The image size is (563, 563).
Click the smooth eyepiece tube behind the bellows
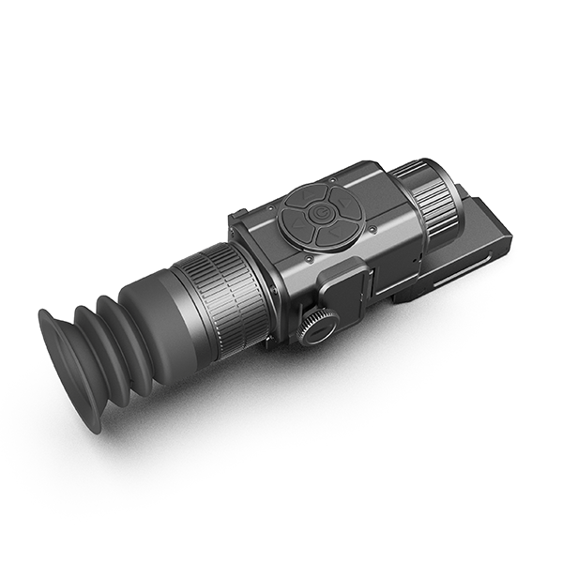(160, 310)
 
